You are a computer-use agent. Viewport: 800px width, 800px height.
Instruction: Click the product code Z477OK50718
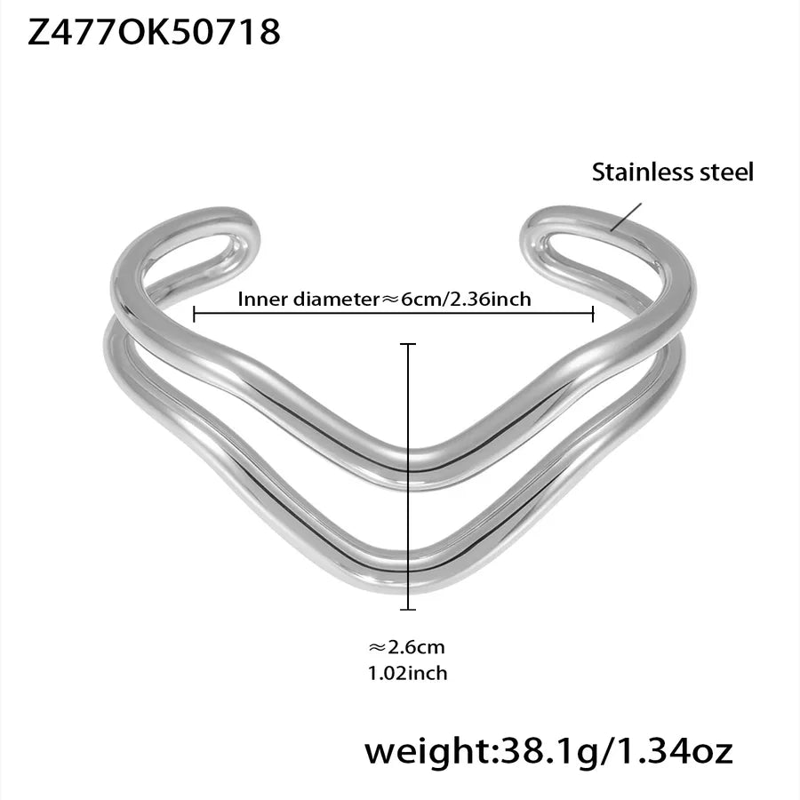tap(154, 32)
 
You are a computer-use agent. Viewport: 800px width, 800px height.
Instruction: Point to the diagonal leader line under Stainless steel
tap(626, 217)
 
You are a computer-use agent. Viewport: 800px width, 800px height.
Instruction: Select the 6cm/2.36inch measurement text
tap(466, 299)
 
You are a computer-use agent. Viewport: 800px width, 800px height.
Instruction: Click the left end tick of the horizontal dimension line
tap(195, 314)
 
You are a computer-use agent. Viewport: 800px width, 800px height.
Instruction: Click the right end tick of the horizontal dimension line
tap(593, 314)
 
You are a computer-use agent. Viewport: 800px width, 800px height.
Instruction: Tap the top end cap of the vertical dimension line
tap(408, 344)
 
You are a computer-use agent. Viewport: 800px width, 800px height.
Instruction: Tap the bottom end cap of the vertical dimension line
tap(408, 609)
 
